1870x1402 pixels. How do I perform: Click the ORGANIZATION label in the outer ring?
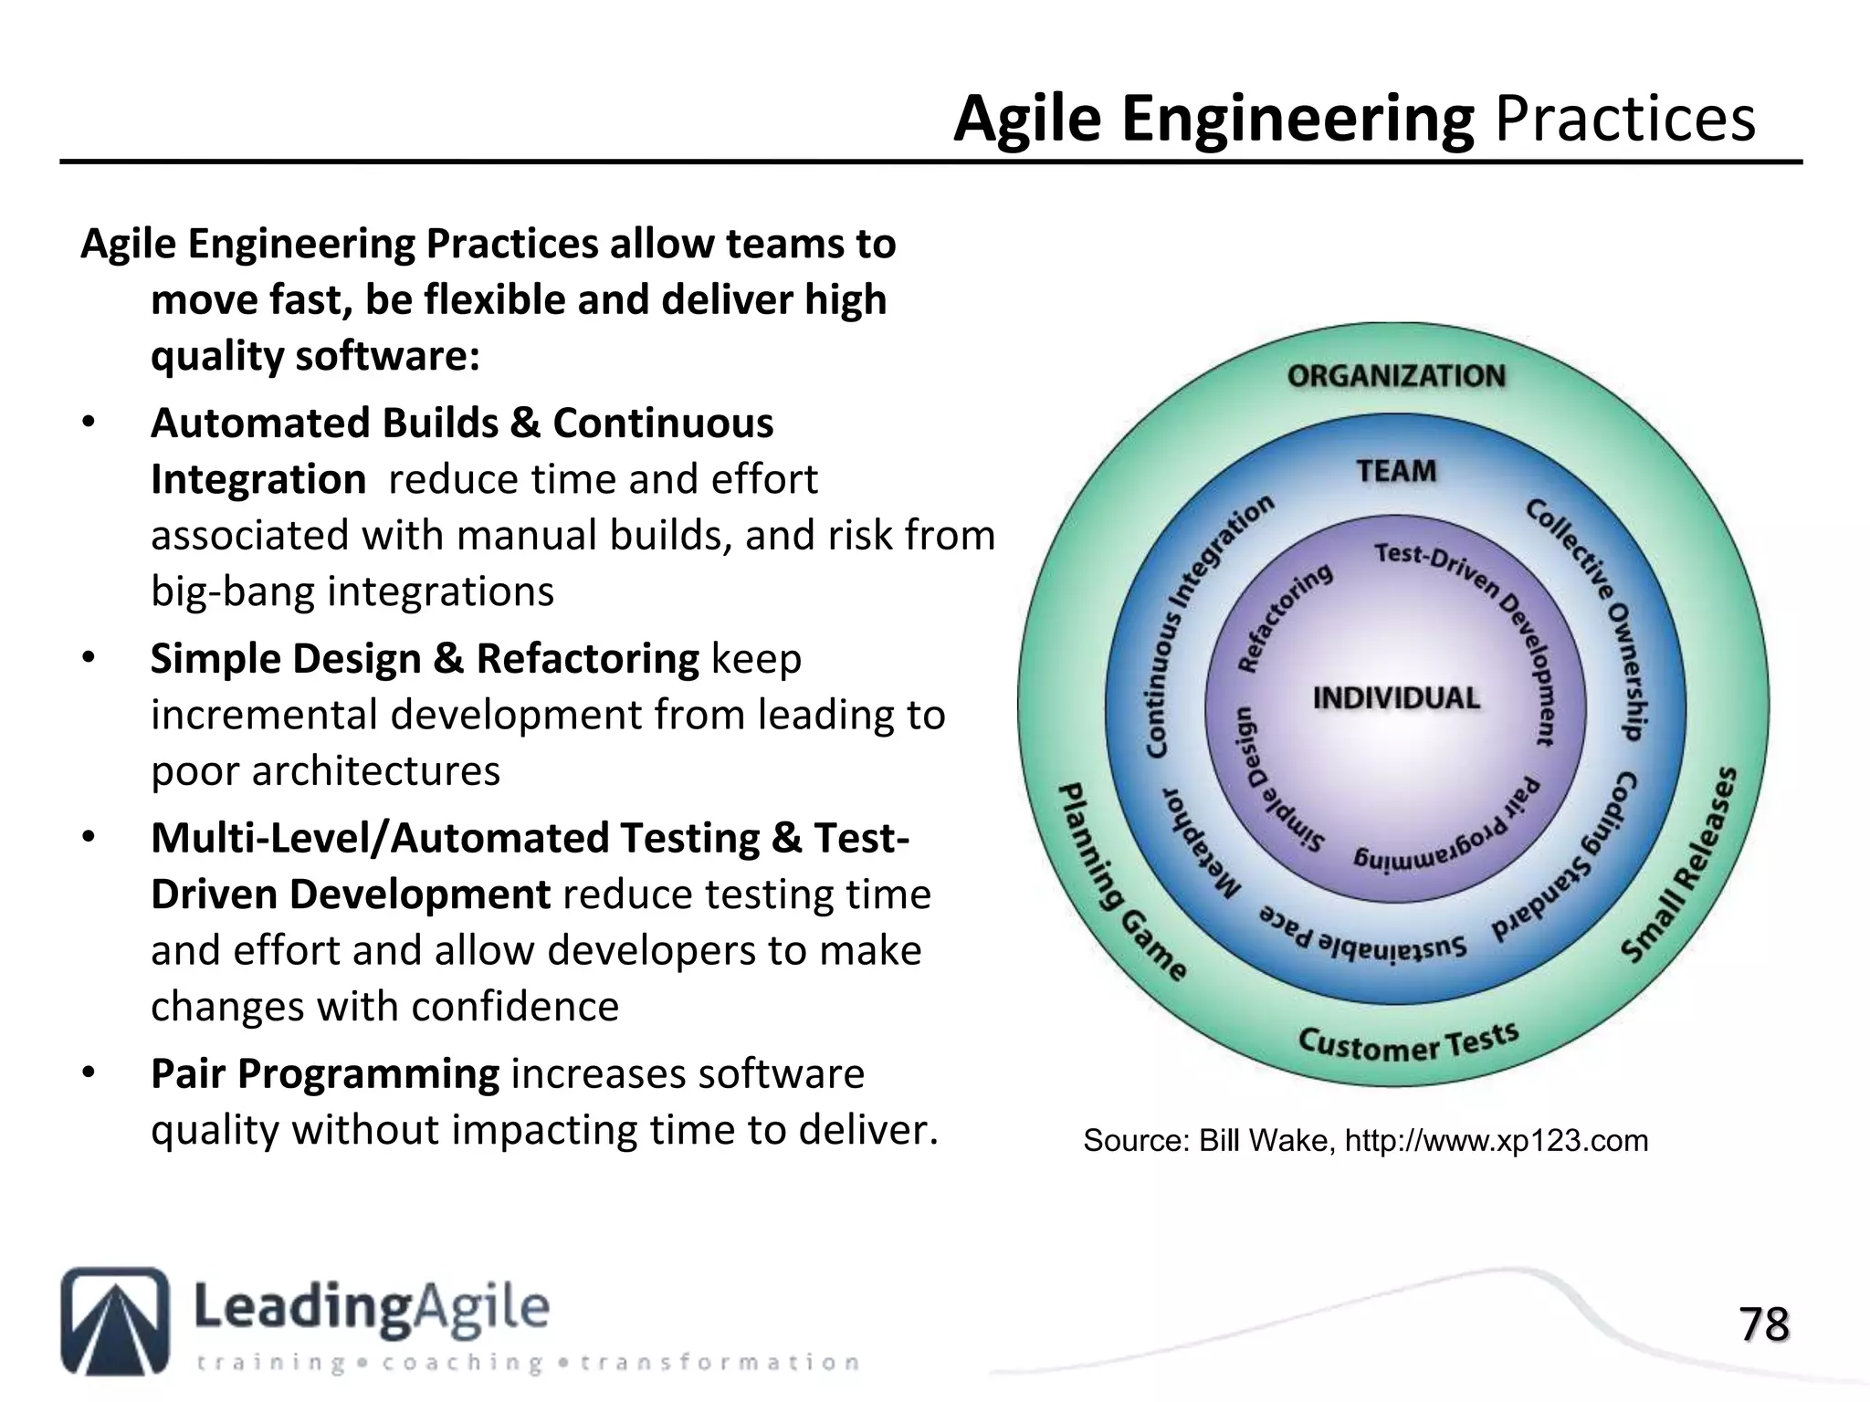click(x=1395, y=376)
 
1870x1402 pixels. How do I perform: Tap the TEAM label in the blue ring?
click(x=1395, y=471)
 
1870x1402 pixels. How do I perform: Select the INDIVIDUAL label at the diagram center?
click(x=1395, y=698)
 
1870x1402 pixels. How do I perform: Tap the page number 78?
click(x=1763, y=1324)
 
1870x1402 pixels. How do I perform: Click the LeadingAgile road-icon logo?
click(x=115, y=1320)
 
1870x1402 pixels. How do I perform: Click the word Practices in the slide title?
click(x=1624, y=119)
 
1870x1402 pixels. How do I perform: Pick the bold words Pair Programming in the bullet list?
click(x=324, y=1073)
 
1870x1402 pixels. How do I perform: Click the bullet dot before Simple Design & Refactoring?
click(x=88, y=658)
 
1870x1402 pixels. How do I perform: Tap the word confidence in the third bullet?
click(x=515, y=1007)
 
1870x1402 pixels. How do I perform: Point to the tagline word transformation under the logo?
click(x=720, y=1363)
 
